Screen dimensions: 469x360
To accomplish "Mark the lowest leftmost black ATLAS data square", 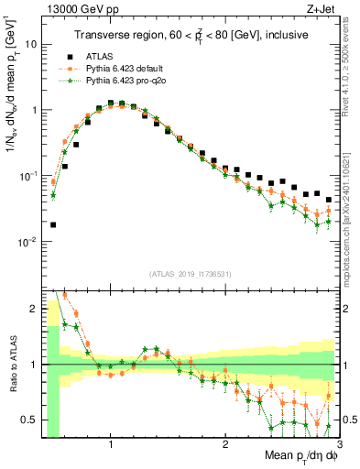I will pos(53,224).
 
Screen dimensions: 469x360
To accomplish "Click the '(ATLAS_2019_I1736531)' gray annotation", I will pos(190,274).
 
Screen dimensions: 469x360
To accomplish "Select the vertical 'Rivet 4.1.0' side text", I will pos(351,82).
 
